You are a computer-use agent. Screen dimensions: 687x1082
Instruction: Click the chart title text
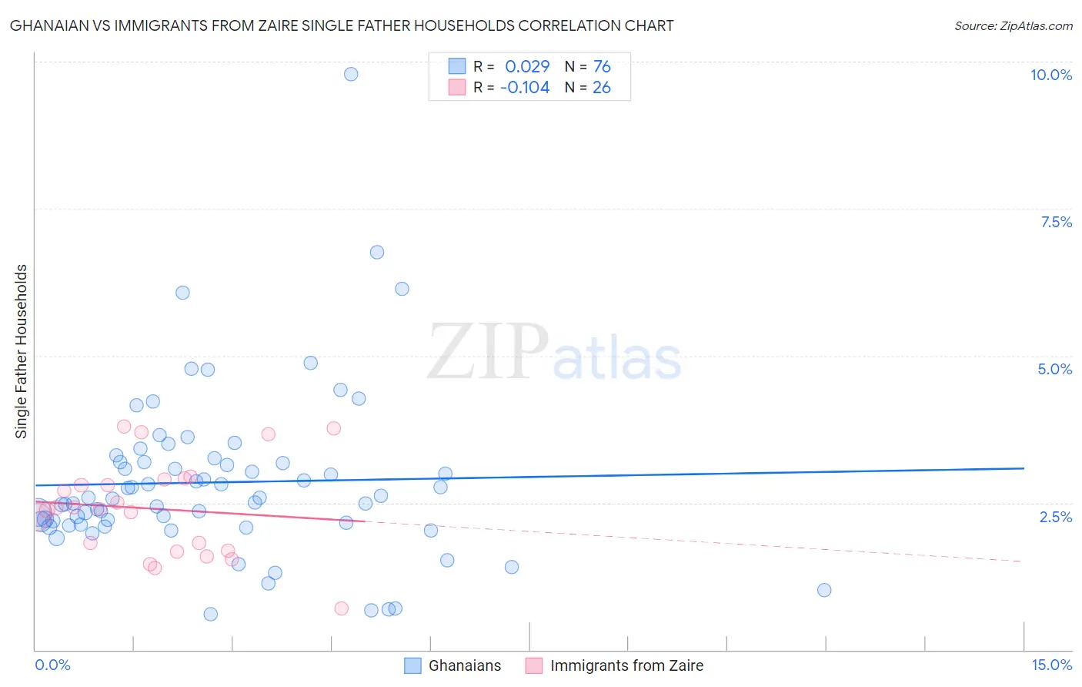pyautogui.click(x=342, y=25)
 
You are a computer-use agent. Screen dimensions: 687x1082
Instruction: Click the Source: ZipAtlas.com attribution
pyautogui.click(x=1013, y=25)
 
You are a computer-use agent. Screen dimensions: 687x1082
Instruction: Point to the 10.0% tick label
pyautogui.click(x=1050, y=75)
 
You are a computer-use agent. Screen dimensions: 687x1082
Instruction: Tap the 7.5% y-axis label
pyautogui.click(x=1056, y=222)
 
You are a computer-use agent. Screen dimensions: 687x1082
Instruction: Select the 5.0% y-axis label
pyautogui.click(x=1054, y=369)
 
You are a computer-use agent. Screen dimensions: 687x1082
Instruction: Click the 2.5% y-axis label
pyautogui.click(x=1056, y=517)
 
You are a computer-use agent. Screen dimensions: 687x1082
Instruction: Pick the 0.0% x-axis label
pyautogui.click(x=52, y=665)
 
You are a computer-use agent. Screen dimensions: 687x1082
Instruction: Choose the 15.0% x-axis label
pyautogui.click(x=1051, y=665)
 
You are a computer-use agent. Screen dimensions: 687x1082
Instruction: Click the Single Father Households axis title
pyautogui.click(x=22, y=351)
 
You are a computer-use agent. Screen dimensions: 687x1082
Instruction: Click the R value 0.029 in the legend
pyautogui.click(x=527, y=66)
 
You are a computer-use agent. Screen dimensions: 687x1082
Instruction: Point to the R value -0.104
pyautogui.click(x=525, y=87)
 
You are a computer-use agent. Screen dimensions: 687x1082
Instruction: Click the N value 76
pyautogui.click(x=602, y=66)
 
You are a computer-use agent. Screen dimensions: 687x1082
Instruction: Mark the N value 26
pyautogui.click(x=602, y=87)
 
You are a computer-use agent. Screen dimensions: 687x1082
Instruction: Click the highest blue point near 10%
pyautogui.click(x=351, y=74)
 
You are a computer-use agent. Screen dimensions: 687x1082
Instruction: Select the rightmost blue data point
pyautogui.click(x=824, y=590)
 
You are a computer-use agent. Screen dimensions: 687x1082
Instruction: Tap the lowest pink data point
pyautogui.click(x=342, y=608)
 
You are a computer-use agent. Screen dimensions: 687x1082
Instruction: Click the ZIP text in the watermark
pyautogui.click(x=488, y=352)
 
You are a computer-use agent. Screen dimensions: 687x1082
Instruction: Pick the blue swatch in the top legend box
pyautogui.click(x=457, y=66)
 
